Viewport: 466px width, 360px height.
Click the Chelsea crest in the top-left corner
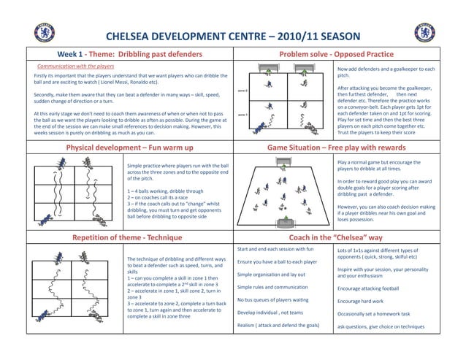[44, 32]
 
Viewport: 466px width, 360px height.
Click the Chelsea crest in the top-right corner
[424, 32]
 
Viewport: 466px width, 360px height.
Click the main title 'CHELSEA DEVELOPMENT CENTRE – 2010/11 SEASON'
[233, 37]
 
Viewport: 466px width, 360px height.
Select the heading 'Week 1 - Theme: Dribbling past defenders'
[131, 55]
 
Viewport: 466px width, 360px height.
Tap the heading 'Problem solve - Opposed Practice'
[337, 55]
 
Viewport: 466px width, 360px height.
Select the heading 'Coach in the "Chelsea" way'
[337, 237]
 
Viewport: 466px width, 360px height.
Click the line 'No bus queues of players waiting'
[273, 300]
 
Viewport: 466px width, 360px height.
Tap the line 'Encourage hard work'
[360, 301]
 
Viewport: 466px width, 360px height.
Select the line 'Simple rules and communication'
[272, 287]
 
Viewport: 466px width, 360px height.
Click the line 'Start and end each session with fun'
[280, 249]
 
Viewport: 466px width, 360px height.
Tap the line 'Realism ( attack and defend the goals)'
[278, 325]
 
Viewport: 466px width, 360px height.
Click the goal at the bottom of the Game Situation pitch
[286, 221]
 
